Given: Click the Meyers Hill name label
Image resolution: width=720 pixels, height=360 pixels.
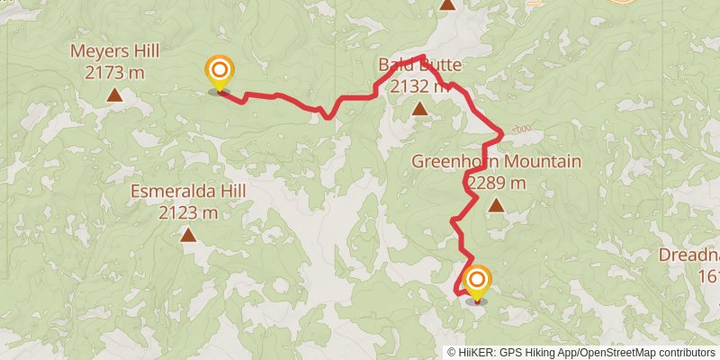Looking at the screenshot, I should (x=115, y=51).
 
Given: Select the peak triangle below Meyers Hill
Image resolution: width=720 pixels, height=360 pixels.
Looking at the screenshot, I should (x=115, y=94).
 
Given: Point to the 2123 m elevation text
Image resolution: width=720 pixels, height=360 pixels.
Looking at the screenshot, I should (x=188, y=212).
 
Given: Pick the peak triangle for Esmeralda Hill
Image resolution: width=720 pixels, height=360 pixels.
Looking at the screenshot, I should (x=188, y=235).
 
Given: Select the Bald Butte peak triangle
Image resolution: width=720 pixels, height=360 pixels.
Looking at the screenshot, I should (x=418, y=109).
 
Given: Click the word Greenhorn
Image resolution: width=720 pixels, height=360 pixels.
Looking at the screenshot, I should (x=456, y=162).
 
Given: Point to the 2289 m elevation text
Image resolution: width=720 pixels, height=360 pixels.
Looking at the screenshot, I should (x=496, y=183).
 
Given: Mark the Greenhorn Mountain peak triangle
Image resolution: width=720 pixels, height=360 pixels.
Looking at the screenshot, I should (x=496, y=205).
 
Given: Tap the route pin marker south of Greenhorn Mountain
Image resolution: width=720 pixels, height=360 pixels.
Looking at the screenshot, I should (x=476, y=283).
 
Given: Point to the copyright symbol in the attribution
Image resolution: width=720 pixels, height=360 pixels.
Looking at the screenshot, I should (x=453, y=353).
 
